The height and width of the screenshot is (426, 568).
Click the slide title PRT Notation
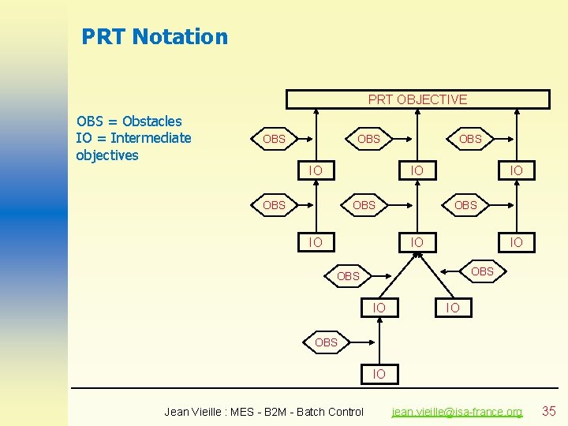point(155,37)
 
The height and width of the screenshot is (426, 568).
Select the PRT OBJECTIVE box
point(417,99)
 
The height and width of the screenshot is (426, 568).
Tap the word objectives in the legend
point(106,155)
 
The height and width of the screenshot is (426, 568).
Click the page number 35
point(549,410)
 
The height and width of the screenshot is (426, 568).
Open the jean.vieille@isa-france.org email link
point(458,412)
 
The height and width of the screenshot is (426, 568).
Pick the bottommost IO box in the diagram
point(379,373)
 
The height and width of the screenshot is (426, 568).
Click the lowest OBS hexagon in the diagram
point(326,342)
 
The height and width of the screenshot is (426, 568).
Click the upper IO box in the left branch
point(316,170)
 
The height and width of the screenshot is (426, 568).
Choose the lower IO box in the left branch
point(316,242)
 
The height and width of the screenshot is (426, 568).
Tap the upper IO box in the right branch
point(516,170)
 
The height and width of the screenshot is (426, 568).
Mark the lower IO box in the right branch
point(516,242)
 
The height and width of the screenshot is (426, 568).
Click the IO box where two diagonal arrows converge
point(417,242)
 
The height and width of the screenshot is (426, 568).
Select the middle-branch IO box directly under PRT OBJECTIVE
point(417,170)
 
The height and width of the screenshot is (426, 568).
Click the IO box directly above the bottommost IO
point(379,307)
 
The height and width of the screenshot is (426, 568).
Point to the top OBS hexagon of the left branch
point(274,139)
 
